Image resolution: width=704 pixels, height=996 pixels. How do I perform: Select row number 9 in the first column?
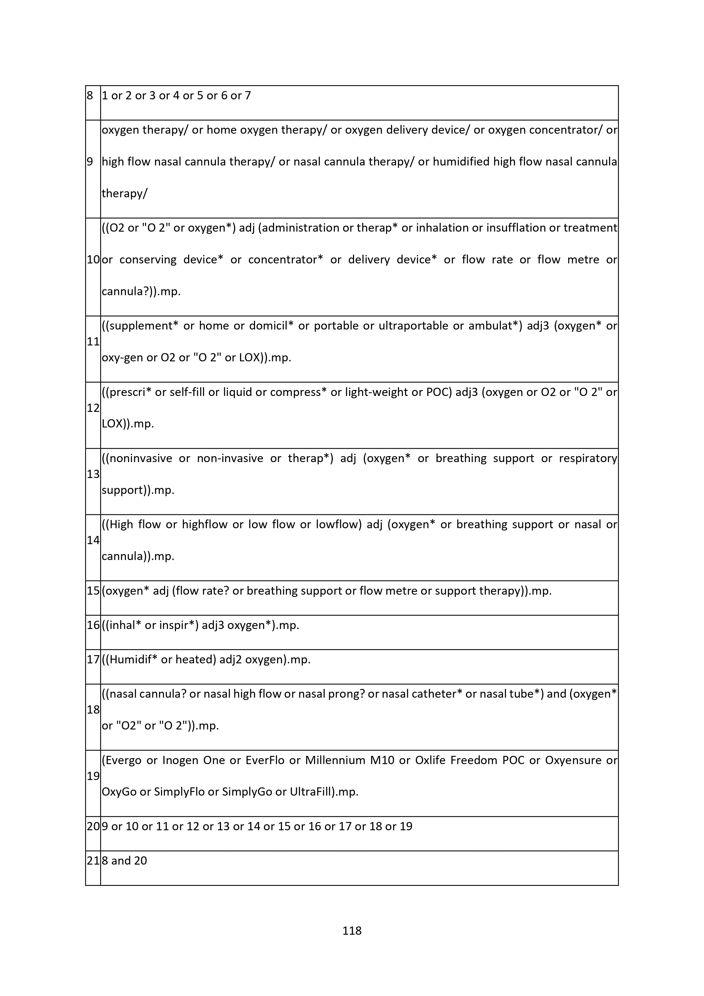(90, 162)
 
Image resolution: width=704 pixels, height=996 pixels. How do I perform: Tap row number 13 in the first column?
(93, 474)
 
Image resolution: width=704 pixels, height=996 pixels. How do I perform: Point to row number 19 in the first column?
(93, 776)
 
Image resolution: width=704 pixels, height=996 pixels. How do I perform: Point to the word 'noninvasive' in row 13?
(140, 458)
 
